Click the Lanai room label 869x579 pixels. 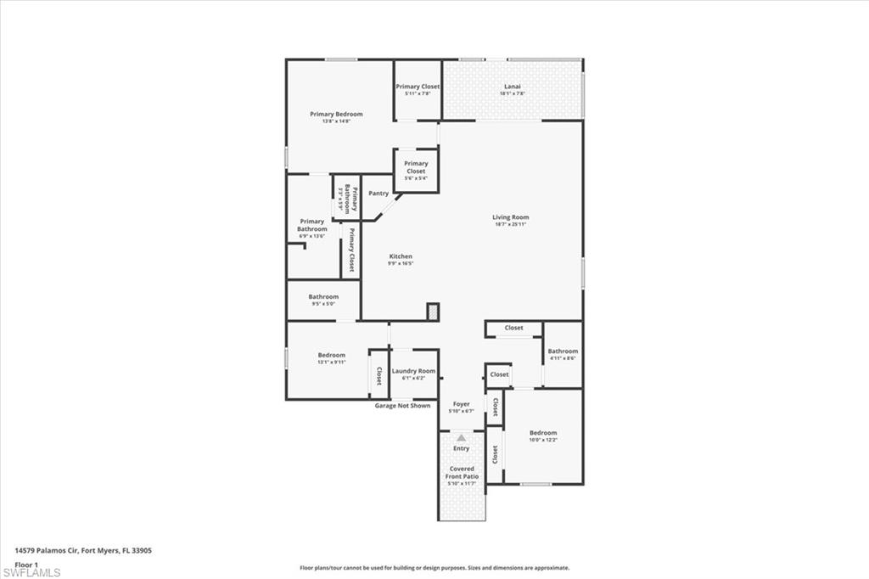click(512, 86)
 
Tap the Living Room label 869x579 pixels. click(511, 217)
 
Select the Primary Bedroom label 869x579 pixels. click(336, 114)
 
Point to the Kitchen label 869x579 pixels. click(401, 256)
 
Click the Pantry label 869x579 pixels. click(378, 194)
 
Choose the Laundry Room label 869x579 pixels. click(413, 371)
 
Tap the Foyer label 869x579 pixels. click(461, 404)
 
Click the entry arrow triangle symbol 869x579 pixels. click(461, 437)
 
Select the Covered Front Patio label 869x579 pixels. click(462, 473)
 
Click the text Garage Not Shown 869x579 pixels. click(402, 406)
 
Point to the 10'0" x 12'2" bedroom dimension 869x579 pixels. click(543, 440)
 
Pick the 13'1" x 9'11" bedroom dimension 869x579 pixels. click(331, 363)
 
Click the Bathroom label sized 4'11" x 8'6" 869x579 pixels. click(563, 351)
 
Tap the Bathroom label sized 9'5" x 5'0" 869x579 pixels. click(323, 297)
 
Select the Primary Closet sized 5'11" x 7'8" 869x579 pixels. click(418, 87)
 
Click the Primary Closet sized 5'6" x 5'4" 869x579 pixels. click(416, 167)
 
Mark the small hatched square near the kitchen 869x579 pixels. click(433, 312)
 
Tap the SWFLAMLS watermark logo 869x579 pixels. click(31, 572)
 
